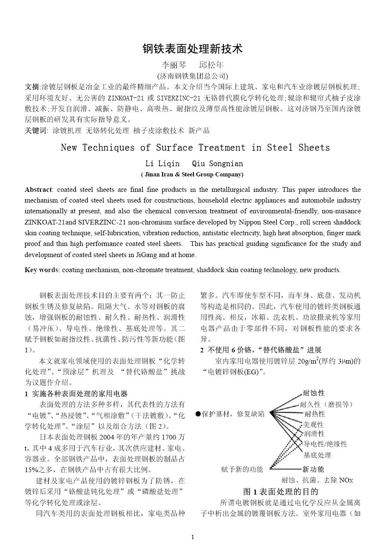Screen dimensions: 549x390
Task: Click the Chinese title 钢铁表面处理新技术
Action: (193, 49)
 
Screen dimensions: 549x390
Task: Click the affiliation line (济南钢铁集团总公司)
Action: (193, 76)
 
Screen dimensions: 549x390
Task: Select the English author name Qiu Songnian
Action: (217, 164)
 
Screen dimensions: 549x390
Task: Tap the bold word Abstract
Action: (38, 190)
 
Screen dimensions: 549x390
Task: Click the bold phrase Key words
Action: (42, 270)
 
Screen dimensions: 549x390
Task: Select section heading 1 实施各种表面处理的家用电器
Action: (76, 394)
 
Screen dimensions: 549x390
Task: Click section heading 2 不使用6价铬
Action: (261, 350)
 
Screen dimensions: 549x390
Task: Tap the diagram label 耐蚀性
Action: (314, 393)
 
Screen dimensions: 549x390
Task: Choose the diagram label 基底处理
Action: (317, 455)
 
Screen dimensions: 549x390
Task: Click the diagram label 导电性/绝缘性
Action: (325, 444)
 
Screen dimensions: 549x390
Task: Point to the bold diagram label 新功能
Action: (313, 469)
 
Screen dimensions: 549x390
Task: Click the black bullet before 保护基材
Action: (198, 414)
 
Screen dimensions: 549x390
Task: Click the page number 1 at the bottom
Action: (193, 537)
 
